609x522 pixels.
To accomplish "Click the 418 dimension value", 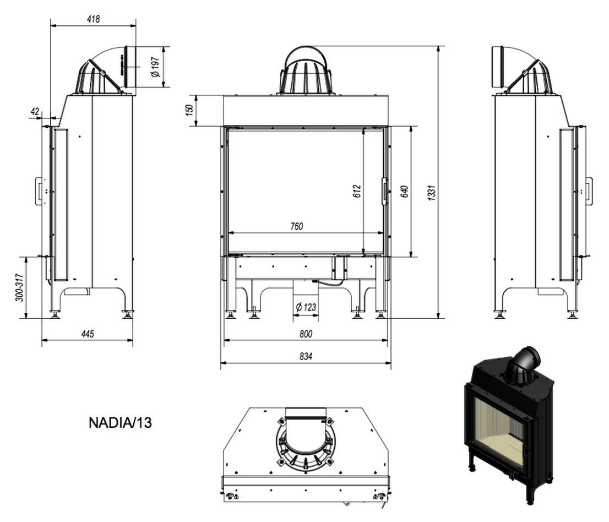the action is click(94, 19).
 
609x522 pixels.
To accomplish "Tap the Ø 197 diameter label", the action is click(155, 67).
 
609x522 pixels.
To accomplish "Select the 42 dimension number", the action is click(35, 111).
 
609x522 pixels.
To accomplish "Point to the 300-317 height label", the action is click(19, 288).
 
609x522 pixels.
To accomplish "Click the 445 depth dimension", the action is click(88, 334).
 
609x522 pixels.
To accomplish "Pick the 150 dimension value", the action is click(189, 110).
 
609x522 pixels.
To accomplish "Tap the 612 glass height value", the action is click(357, 191).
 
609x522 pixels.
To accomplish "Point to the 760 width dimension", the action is click(297, 226).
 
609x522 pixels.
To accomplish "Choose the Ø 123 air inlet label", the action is click(306, 307).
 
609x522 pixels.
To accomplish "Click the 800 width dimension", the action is click(306, 334).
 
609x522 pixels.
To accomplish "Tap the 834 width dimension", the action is click(306, 356).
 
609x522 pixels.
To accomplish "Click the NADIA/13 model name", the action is click(120, 422).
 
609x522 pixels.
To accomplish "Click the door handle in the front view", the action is click(384, 191).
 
